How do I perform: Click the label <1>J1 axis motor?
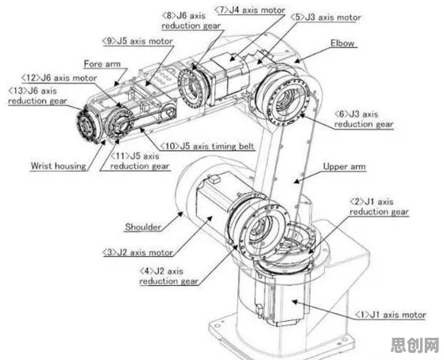[x=391, y=315]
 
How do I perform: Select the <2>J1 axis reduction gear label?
[x=379, y=207]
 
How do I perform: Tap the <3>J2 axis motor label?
[x=137, y=252]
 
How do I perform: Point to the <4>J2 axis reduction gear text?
[x=168, y=277]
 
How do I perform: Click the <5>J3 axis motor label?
[x=326, y=17]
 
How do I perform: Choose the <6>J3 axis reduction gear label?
[x=364, y=119]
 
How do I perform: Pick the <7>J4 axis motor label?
[x=249, y=10]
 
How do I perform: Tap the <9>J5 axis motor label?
[x=137, y=41]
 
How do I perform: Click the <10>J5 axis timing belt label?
[x=207, y=146]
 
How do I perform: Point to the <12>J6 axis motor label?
[x=60, y=78]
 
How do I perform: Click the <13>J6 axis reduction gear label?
[x=37, y=95]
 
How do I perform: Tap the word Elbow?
[x=342, y=44]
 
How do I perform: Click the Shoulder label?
[x=143, y=226]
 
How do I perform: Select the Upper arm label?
[x=345, y=167]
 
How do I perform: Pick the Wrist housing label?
[x=58, y=166]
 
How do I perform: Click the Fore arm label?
[x=102, y=64]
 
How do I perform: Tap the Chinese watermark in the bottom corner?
[x=415, y=345]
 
